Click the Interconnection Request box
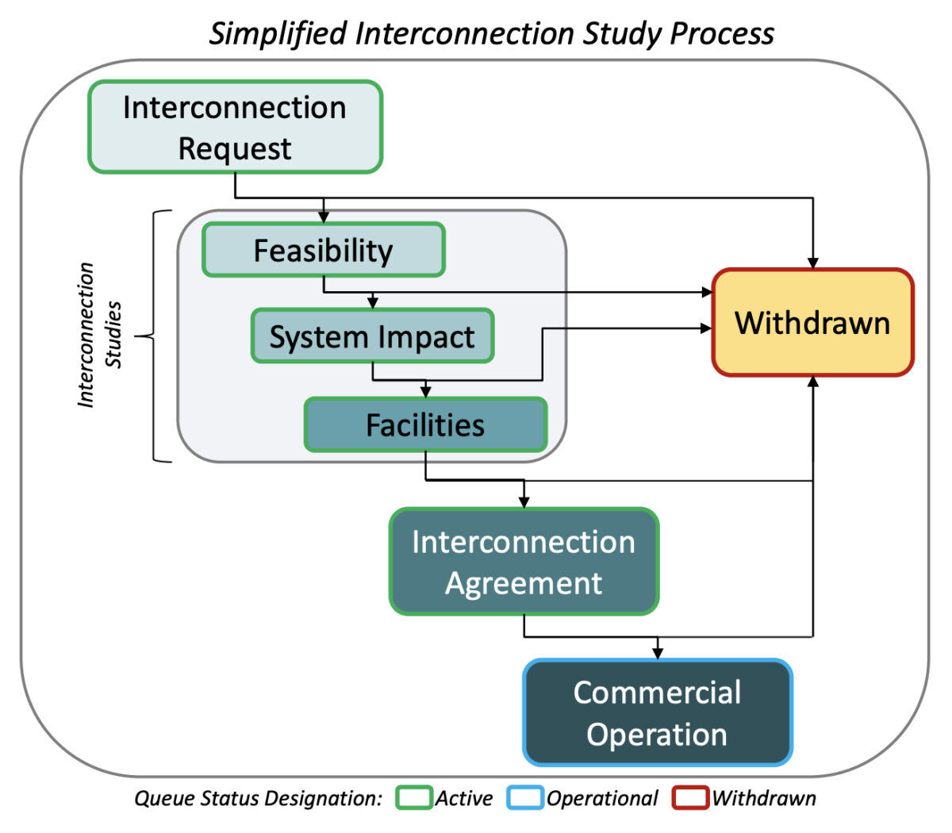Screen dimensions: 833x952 pos(235,128)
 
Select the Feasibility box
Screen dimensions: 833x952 pos(323,251)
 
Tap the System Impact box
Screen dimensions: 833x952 pos(372,337)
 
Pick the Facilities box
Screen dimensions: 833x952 pos(425,425)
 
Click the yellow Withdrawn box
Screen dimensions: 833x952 pos(812,323)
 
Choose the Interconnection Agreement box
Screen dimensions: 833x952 pos(524,562)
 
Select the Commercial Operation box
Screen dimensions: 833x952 pos(657,713)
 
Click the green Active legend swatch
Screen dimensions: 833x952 pos(413,797)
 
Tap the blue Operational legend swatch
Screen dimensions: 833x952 pos(524,797)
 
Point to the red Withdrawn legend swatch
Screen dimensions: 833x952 pos(689,797)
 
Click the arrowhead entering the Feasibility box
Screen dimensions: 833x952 pos(323,217)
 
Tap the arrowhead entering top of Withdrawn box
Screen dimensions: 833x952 pos(812,263)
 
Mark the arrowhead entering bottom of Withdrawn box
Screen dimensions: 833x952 pos(812,382)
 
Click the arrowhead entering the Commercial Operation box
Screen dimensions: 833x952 pos(657,653)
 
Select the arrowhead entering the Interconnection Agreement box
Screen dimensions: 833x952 pos(524,502)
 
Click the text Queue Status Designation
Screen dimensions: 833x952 pos(258,798)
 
